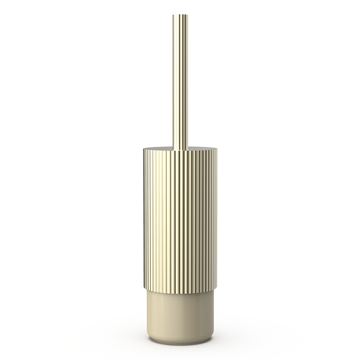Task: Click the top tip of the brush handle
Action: (x=180, y=15)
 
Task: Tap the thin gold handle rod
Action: (x=180, y=77)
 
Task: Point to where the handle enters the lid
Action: (x=180, y=149)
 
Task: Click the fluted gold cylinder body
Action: (x=180, y=222)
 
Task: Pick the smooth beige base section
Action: (x=180, y=315)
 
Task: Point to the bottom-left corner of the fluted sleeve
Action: (x=144, y=292)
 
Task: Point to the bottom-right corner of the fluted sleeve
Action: (x=216, y=292)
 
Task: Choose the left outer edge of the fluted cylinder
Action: (x=143, y=222)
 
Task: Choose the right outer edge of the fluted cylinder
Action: (x=216, y=222)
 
